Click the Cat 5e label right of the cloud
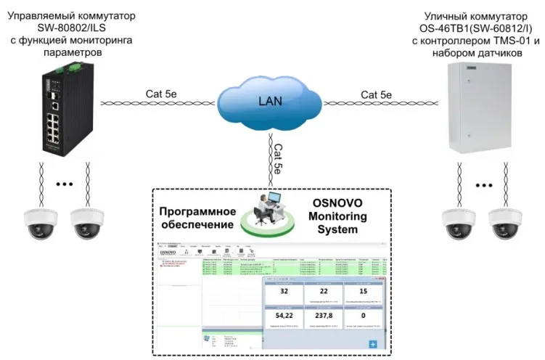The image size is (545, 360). [376, 94]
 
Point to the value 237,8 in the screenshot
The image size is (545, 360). [324, 316]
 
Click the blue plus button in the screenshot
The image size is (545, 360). [374, 344]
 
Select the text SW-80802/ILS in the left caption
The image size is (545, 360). [71, 27]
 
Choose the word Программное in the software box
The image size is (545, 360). [198, 211]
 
